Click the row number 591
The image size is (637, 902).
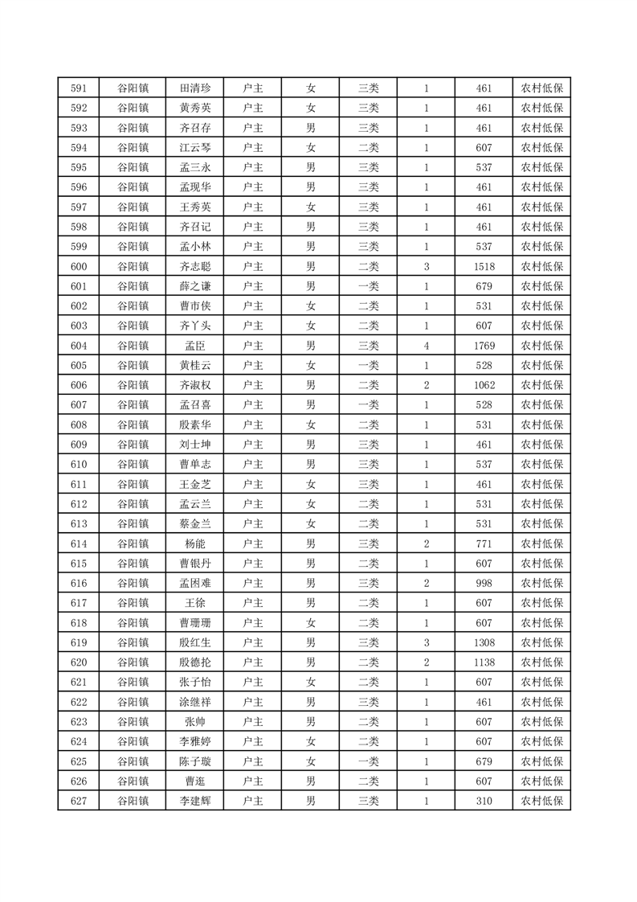78,88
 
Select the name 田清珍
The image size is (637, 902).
195,88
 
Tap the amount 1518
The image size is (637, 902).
484,266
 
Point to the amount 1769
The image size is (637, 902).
484,346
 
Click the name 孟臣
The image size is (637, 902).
195,346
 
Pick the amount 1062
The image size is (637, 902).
484,385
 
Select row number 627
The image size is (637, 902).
78,801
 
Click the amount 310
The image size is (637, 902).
484,801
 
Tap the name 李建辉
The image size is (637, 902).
195,801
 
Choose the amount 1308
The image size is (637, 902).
484,642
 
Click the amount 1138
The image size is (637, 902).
484,662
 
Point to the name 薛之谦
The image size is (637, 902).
195,286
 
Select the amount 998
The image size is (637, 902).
484,583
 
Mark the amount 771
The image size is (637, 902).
484,543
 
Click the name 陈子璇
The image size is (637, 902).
195,761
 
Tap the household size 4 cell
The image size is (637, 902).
426,346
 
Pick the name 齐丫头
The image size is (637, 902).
195,326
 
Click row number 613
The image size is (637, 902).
78,523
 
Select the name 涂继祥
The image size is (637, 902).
195,702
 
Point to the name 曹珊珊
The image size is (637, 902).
195,622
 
